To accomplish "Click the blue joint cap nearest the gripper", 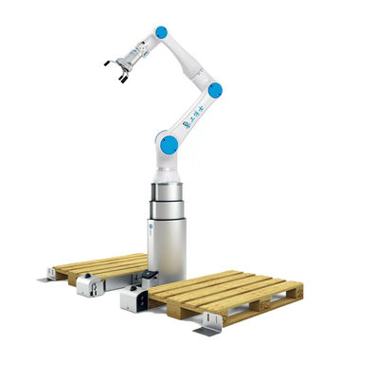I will (160, 32).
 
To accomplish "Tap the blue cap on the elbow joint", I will (215, 90).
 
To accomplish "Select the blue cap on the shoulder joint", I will (169, 145).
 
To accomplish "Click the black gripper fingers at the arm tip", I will (116, 69).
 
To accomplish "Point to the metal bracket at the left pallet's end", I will (47, 276).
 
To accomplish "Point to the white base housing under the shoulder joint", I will (170, 167).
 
